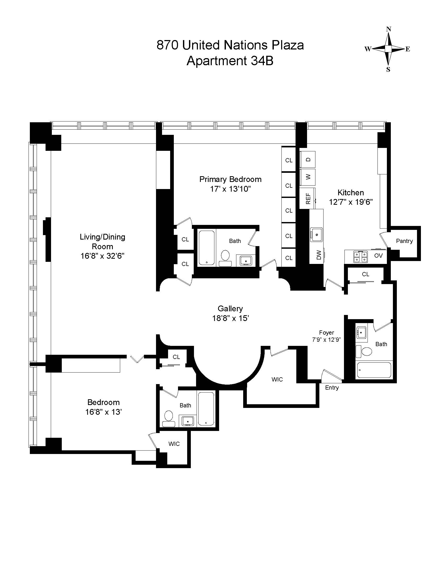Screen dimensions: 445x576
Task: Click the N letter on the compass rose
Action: point(388,29)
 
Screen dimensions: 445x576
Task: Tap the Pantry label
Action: point(404,241)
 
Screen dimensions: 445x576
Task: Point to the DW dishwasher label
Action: point(319,255)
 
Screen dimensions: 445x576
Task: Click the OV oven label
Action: point(378,256)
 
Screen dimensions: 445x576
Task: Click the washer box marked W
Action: point(308,177)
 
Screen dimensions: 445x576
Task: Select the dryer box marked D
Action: point(308,159)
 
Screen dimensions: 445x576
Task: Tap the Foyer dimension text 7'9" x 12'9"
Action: point(326,340)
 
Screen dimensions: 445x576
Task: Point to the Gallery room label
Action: point(230,309)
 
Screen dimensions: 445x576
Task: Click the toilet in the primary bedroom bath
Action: point(225,258)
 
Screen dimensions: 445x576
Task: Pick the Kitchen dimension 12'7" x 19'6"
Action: point(351,202)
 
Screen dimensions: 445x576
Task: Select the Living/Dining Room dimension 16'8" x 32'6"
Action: point(102,256)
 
